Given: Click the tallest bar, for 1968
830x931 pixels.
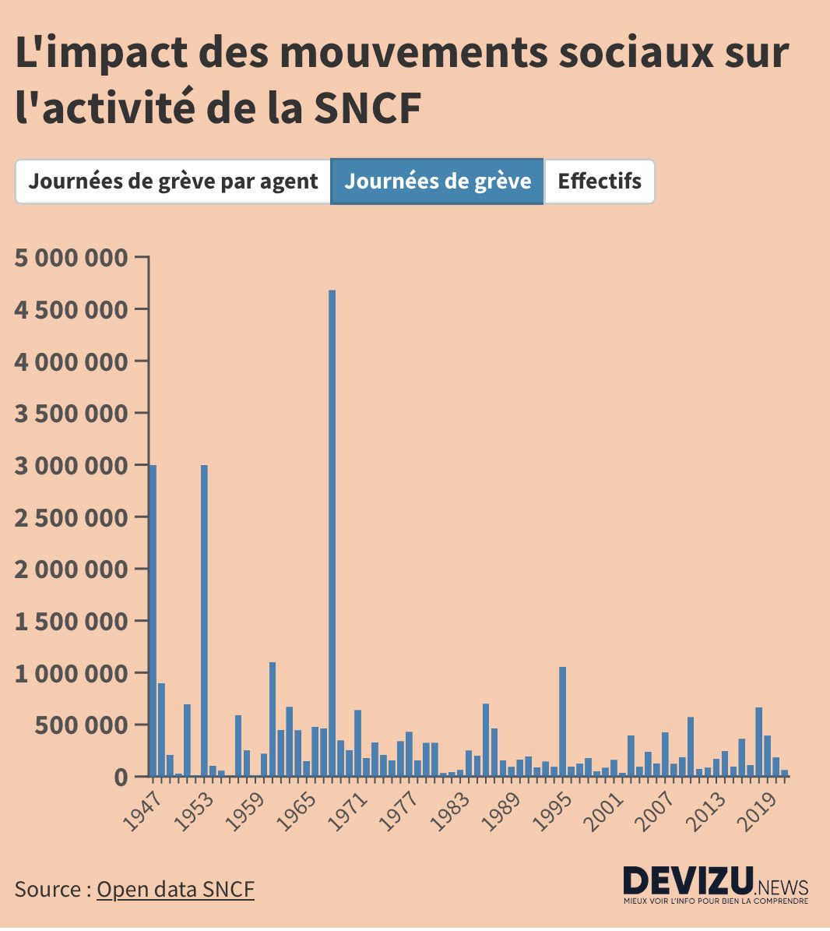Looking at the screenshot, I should point(332,533).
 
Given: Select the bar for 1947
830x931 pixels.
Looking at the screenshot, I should point(153,620).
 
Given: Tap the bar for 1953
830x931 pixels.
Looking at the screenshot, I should point(204,620).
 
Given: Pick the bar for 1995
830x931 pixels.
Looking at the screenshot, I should point(562,721).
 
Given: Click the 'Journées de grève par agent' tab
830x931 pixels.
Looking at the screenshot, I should point(173,182).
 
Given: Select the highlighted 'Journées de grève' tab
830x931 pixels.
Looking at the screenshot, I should point(438,182).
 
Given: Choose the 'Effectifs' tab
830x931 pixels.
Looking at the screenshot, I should point(600,182).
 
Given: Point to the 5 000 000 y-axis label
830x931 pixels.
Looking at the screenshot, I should point(71,257).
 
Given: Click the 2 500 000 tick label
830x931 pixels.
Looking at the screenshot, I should point(71,517).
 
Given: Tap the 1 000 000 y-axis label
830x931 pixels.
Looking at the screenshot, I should point(71,673).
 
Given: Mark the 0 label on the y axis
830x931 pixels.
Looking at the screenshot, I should point(119,777).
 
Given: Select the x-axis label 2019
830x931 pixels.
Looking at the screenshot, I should point(761,813).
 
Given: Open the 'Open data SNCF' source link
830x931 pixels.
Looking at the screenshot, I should point(175,889).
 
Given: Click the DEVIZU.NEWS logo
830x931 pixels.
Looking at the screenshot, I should point(715,884).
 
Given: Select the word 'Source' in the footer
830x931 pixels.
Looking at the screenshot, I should point(47,889).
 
